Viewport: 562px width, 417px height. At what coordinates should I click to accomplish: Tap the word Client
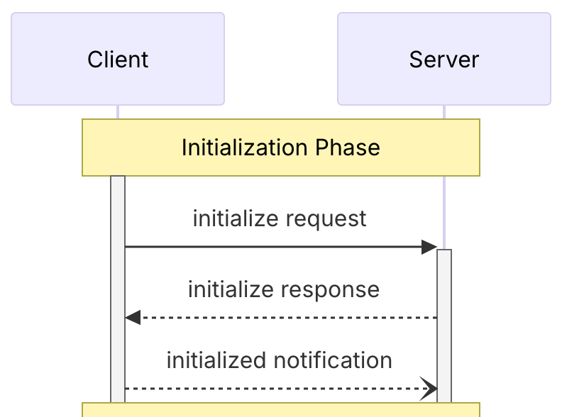[118, 60]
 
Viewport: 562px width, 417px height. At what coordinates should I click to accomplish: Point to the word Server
[444, 60]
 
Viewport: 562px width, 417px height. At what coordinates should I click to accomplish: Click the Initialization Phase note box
[281, 163]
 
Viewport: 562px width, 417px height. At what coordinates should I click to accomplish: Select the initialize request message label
[280, 218]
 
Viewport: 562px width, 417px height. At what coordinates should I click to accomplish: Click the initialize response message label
[284, 289]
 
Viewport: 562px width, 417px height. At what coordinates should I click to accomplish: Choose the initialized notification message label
[280, 360]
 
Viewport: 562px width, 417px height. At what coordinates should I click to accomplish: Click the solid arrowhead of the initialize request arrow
[429, 247]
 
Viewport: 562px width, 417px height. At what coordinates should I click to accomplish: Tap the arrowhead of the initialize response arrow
[133, 318]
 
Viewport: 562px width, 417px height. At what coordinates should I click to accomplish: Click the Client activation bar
[118, 284]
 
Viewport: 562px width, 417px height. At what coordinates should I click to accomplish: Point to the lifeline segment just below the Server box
[444, 112]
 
